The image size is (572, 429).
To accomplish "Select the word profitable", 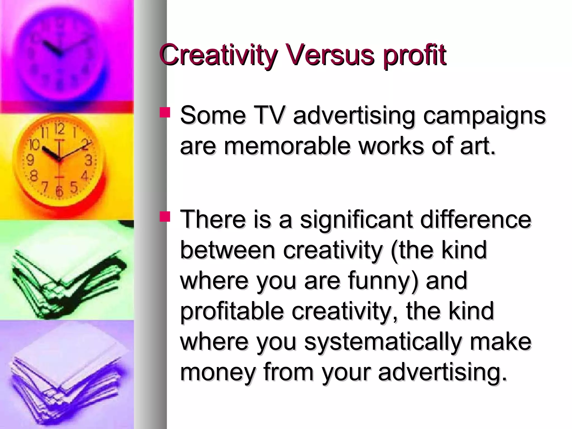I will [232, 312].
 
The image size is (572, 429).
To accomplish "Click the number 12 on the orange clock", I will [59, 129].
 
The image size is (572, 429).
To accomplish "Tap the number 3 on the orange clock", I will [89, 161].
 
